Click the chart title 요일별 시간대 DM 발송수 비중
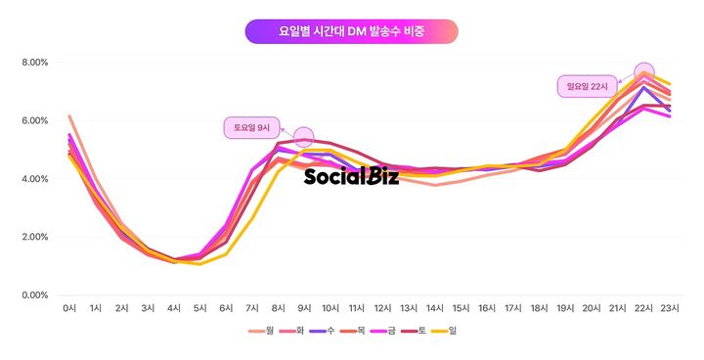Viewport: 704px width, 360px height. coord(351,31)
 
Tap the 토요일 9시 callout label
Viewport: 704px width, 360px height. coord(252,127)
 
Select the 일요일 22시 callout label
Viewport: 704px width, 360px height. coord(589,86)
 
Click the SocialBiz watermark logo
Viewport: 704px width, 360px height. coord(351,176)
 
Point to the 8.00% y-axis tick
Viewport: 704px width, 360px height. coord(34,63)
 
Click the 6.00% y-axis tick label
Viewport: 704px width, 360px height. coord(34,120)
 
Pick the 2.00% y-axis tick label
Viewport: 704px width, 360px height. coord(34,237)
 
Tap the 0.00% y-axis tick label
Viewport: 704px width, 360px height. coord(34,294)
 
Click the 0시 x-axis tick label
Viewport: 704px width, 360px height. coord(69,309)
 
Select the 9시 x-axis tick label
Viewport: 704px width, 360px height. coord(303,309)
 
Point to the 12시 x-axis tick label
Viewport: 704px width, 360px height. coord(382,309)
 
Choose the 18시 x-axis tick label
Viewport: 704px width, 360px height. coord(539,309)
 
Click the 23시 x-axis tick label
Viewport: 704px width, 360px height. coord(670,309)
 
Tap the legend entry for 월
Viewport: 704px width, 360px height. coord(265,331)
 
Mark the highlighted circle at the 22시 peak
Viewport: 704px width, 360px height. coord(643,72)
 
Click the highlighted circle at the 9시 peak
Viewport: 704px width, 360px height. coord(303,137)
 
